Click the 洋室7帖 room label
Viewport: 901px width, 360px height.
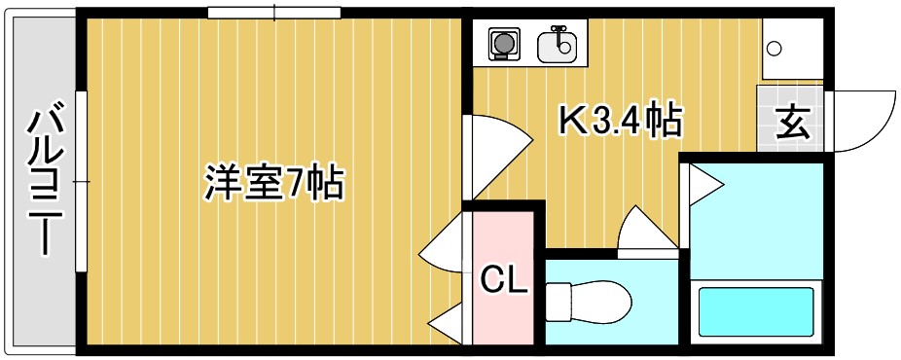click(273, 182)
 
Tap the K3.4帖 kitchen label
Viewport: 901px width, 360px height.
click(619, 122)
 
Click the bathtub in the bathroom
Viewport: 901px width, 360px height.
click(755, 311)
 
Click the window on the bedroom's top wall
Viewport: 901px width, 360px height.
click(274, 13)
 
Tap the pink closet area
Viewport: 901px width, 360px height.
click(504, 253)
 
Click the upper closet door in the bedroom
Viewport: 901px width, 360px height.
click(446, 247)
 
